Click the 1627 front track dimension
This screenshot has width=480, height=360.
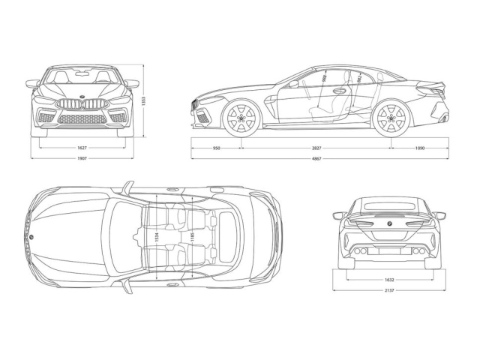click(x=82, y=148)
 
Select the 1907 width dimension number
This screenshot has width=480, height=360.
click(x=82, y=160)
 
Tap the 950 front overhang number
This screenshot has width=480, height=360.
click(x=216, y=148)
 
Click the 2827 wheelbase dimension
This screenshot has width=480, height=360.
click(x=316, y=148)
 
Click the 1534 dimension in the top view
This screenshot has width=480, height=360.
click(x=157, y=237)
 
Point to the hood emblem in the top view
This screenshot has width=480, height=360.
click(x=32, y=237)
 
